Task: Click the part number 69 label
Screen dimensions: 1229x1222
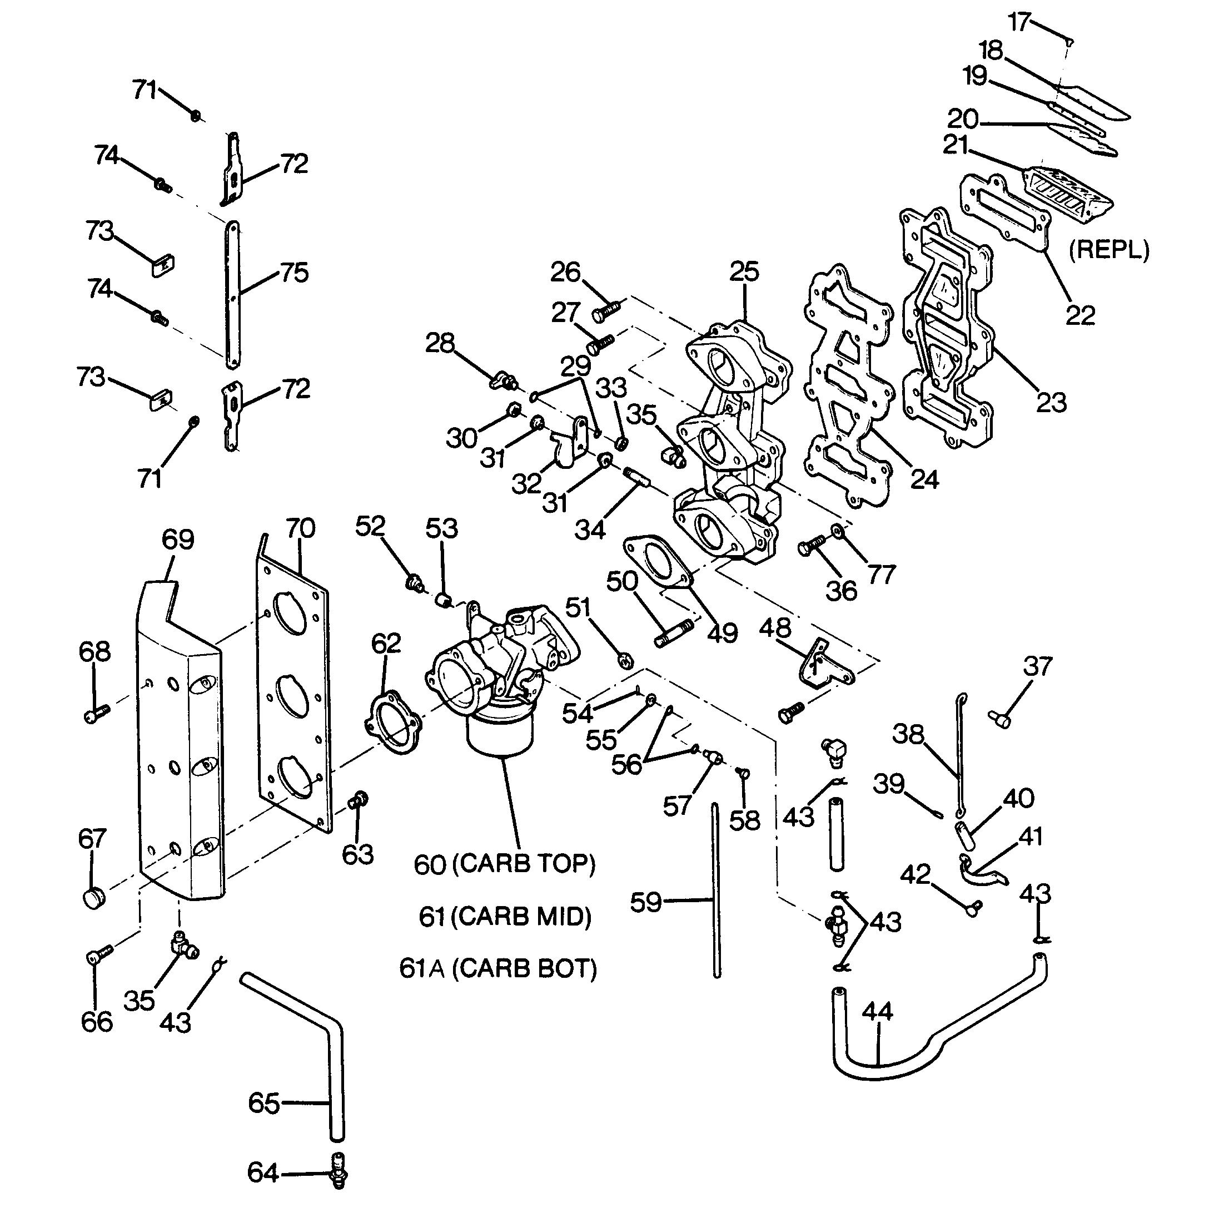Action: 177,540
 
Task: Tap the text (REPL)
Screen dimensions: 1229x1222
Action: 1109,250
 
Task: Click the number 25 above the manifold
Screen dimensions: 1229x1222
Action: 744,273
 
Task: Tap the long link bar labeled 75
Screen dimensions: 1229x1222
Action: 233,294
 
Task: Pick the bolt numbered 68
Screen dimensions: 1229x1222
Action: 97,713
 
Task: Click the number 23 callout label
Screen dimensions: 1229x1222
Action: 1051,402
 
